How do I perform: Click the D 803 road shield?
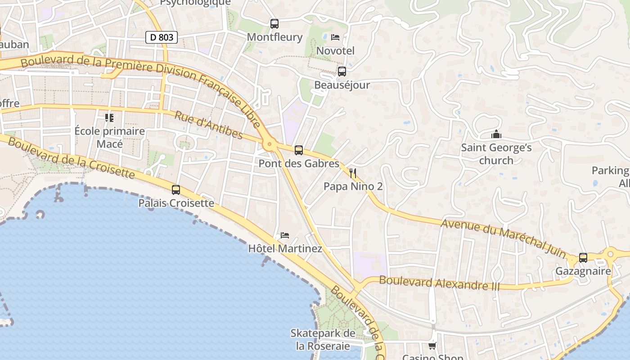161,37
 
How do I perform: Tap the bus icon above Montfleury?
274,24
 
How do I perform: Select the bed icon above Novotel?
335,37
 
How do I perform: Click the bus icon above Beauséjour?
342,72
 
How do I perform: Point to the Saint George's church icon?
496,134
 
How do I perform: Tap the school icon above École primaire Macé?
109,118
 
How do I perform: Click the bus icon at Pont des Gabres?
298,150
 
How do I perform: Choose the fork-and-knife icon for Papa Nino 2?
353,173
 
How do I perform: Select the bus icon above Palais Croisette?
175,190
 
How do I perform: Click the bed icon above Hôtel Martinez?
285,235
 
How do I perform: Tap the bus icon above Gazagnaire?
583,258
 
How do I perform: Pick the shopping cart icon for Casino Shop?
432,346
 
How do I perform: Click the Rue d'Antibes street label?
209,126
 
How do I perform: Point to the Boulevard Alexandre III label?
439,283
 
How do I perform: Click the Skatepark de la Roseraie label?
323,339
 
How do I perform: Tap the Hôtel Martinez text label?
285,248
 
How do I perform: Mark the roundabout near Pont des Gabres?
270,144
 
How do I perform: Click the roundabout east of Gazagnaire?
610,254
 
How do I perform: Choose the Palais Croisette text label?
176,203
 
